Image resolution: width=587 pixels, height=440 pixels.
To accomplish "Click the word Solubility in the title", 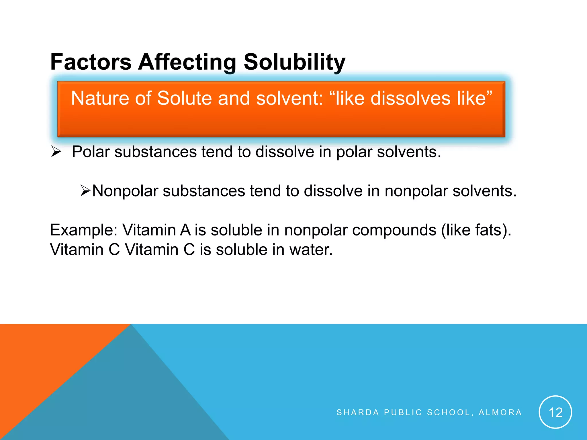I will tap(294, 62).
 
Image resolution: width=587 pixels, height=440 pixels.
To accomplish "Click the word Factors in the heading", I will tap(91, 62).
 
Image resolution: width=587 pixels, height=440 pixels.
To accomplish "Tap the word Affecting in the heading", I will tap(187, 62).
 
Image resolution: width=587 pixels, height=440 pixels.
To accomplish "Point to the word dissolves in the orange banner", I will tap(410, 98).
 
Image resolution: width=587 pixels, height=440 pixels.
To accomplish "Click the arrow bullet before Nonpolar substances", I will tap(85, 190).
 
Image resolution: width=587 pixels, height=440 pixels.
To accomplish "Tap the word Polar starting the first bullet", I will tap(91, 152).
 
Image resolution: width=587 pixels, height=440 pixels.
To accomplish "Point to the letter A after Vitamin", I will tap(185, 230).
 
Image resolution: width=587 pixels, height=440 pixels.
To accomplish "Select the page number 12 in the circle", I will tap(555, 412).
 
